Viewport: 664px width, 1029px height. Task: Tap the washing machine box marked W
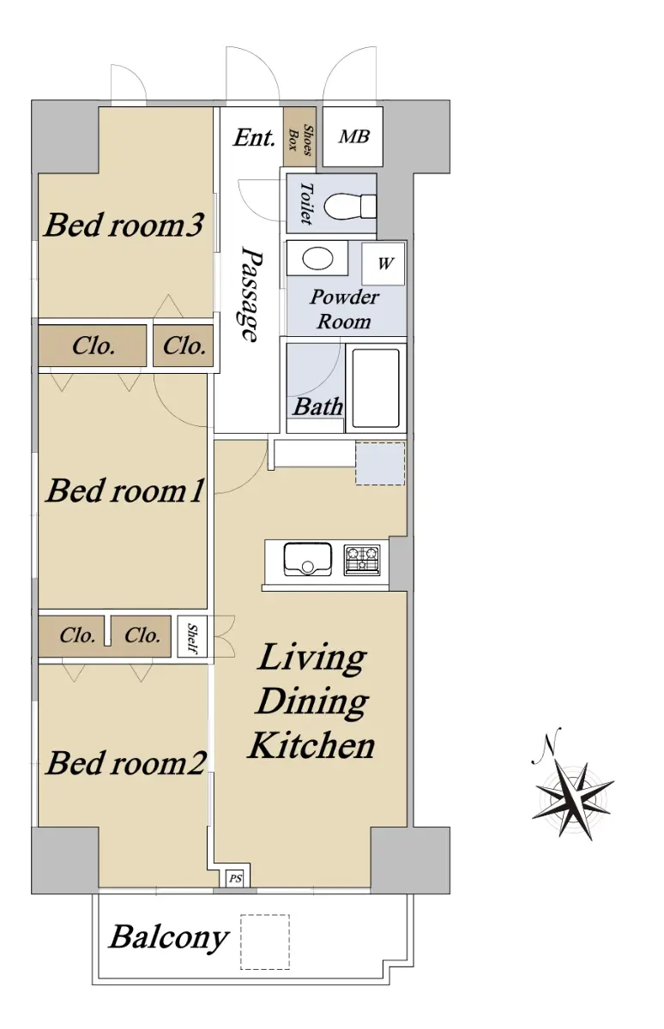pyautogui.click(x=383, y=264)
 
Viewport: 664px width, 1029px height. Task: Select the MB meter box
pyautogui.click(x=353, y=136)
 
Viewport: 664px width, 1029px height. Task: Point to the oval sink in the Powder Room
pyautogui.click(x=317, y=259)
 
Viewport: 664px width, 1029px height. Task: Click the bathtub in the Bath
pyautogui.click(x=376, y=388)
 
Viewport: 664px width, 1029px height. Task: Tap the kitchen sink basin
pyautogui.click(x=307, y=559)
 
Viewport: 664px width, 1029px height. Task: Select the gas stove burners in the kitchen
pyautogui.click(x=362, y=560)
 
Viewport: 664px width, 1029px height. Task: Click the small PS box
pyautogui.click(x=235, y=879)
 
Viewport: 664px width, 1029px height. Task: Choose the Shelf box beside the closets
pyautogui.click(x=192, y=636)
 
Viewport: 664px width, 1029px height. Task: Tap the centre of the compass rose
pyautogui.click(x=572, y=801)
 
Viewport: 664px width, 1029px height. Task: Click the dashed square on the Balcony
pyautogui.click(x=265, y=942)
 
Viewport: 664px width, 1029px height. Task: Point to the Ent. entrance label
pyautogui.click(x=254, y=138)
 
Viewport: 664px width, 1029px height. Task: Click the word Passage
pyautogui.click(x=252, y=294)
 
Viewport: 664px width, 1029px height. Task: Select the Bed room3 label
pyautogui.click(x=124, y=225)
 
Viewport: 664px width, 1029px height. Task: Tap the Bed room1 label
pyautogui.click(x=124, y=490)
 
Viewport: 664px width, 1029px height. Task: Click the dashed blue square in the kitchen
pyautogui.click(x=380, y=464)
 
